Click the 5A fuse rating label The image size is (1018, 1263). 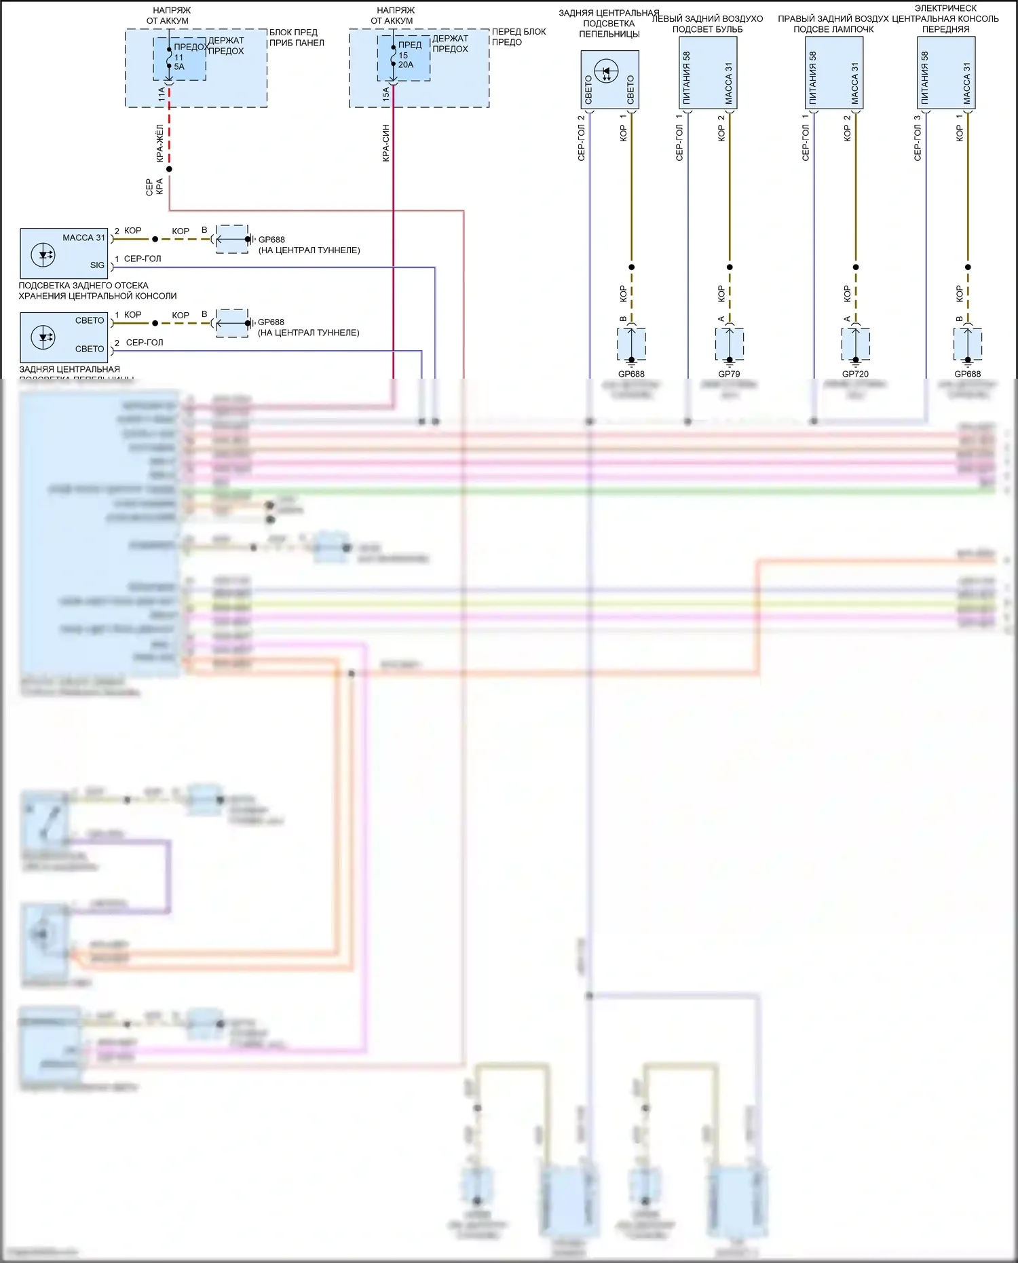click(179, 67)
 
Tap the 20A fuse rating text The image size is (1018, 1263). click(406, 64)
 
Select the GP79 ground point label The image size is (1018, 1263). click(729, 374)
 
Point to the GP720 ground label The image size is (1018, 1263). click(855, 374)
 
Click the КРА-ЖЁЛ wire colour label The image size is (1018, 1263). click(160, 143)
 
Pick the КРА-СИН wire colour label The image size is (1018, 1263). click(385, 143)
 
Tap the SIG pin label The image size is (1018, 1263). click(97, 265)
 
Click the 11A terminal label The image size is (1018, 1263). click(162, 94)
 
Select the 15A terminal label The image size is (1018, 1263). click(385, 94)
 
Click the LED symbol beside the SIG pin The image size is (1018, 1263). click(43, 255)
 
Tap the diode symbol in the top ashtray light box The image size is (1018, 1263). click(606, 71)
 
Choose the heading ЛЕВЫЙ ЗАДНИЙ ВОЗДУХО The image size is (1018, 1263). click(707, 19)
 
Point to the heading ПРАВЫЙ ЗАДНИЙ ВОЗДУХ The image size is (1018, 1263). click(833, 19)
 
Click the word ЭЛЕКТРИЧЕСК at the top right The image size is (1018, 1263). click(945, 8)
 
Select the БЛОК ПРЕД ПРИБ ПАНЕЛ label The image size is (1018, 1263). click(297, 37)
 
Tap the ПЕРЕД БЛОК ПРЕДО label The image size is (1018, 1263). click(519, 37)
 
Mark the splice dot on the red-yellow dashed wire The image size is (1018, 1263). click(169, 169)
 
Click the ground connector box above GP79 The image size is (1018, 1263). click(730, 343)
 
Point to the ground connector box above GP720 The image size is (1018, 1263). click(856, 343)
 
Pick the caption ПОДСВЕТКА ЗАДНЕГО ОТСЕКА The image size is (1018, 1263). click(83, 286)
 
